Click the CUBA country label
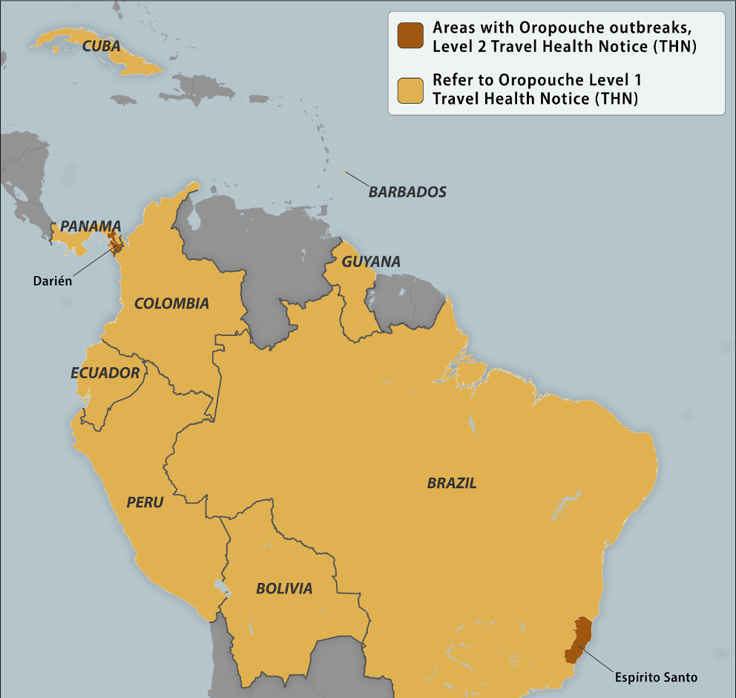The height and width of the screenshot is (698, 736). click(x=102, y=46)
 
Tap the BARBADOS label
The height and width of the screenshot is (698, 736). click(x=407, y=192)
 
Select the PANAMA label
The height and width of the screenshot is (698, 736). click(x=91, y=226)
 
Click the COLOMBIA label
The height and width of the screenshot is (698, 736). click(x=171, y=303)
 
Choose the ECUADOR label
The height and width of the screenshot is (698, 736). click(x=105, y=373)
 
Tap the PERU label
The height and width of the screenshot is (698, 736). click(x=145, y=502)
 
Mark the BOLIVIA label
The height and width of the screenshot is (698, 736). click(x=284, y=589)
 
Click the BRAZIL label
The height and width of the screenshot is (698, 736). click(x=452, y=484)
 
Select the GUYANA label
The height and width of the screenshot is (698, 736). click(x=371, y=262)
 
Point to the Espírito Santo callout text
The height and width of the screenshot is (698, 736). click(x=656, y=677)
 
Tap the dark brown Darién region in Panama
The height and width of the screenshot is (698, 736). click(x=115, y=243)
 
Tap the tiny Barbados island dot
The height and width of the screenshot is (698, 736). click(x=345, y=172)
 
